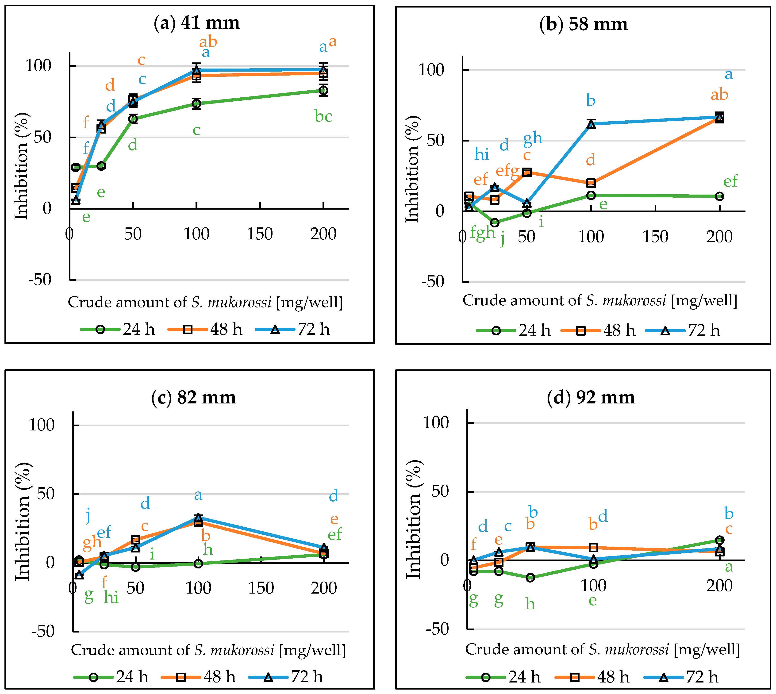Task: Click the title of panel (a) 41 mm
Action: pyautogui.click(x=196, y=23)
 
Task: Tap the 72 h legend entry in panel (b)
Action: pyautogui.click(x=683, y=331)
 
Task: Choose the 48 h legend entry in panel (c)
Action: pyautogui.click(x=199, y=677)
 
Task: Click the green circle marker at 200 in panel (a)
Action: pyautogui.click(x=323, y=90)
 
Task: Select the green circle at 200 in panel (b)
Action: pyautogui.click(x=719, y=196)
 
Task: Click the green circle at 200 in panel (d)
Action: pyautogui.click(x=719, y=540)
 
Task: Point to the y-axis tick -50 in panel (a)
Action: pyautogui.click(x=40, y=280)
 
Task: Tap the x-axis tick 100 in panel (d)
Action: pyautogui.click(x=593, y=585)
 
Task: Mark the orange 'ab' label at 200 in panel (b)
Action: pyautogui.click(x=719, y=95)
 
